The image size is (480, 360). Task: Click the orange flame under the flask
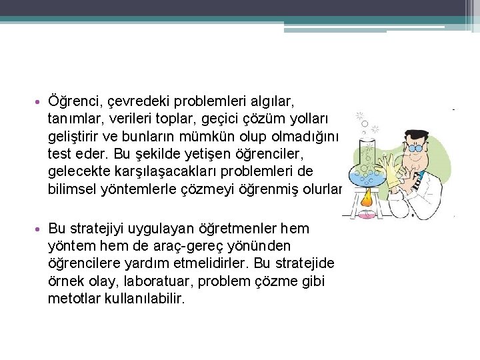click(x=366, y=197)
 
